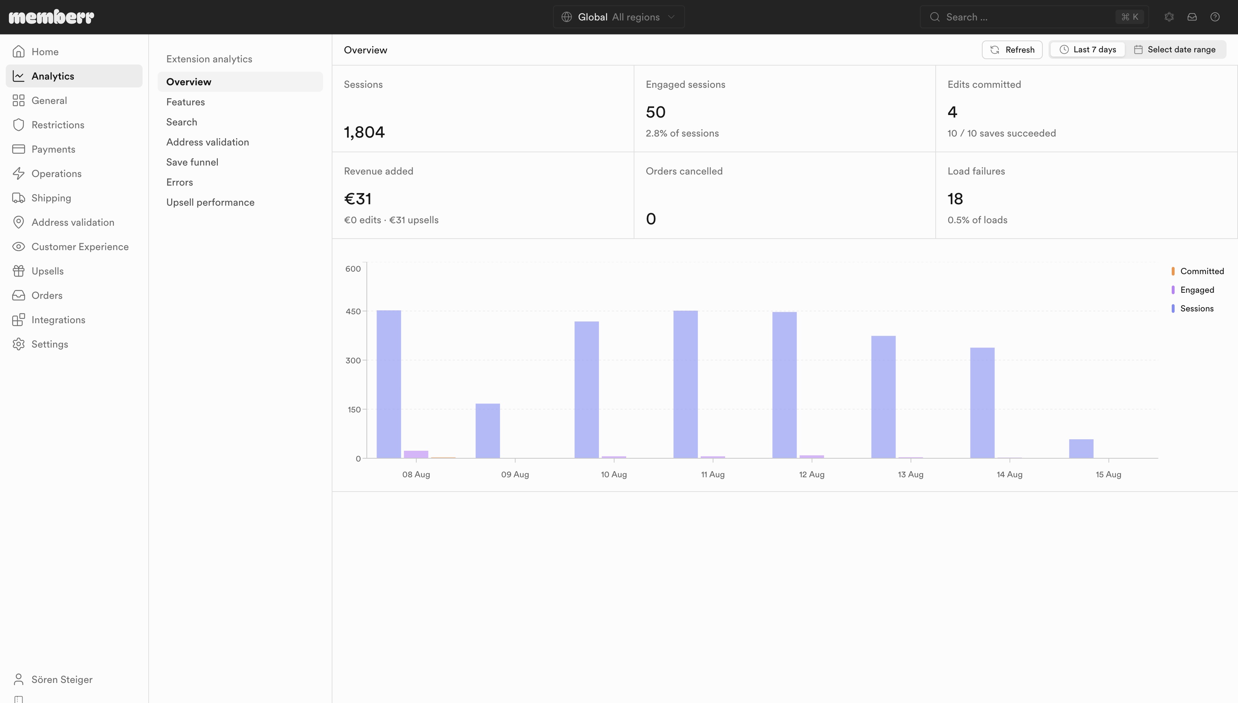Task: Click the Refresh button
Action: (x=1012, y=50)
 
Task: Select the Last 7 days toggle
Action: (x=1088, y=50)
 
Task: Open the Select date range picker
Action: (x=1174, y=50)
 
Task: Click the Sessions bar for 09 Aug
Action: (x=488, y=431)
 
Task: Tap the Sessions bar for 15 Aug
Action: (x=1081, y=449)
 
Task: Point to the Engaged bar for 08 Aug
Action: (x=416, y=454)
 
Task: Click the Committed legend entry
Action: (x=1198, y=271)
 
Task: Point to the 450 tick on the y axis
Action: (x=353, y=311)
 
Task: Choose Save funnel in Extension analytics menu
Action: (x=192, y=162)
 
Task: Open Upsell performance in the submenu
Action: (x=210, y=202)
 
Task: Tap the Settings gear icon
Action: (x=18, y=344)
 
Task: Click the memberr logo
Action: (x=51, y=17)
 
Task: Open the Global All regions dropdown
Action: (x=618, y=17)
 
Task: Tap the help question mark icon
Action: (x=1215, y=17)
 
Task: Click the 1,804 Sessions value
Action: (x=364, y=132)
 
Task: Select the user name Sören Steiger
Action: (x=62, y=679)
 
